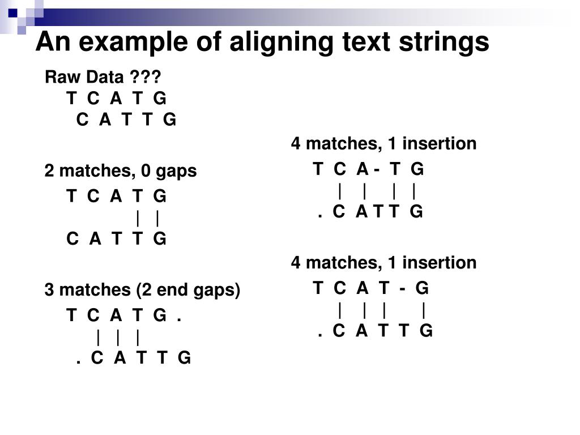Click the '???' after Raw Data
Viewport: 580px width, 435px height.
[x=149, y=77]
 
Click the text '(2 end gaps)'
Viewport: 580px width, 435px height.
[x=188, y=290]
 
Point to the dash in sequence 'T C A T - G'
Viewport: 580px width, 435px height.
[x=402, y=289]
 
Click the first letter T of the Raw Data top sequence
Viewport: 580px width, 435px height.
[x=71, y=99]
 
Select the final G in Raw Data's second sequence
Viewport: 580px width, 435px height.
[x=170, y=120]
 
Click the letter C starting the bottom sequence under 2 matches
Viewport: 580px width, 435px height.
[x=72, y=239]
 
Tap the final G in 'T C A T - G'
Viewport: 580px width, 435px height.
[x=422, y=289]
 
